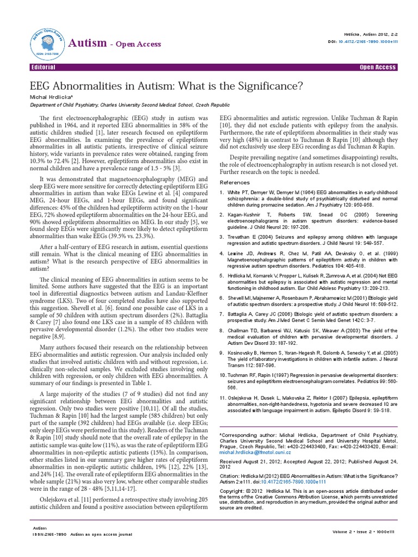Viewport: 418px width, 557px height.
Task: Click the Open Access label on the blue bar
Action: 378,67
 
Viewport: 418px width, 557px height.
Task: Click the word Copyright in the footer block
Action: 231,490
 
